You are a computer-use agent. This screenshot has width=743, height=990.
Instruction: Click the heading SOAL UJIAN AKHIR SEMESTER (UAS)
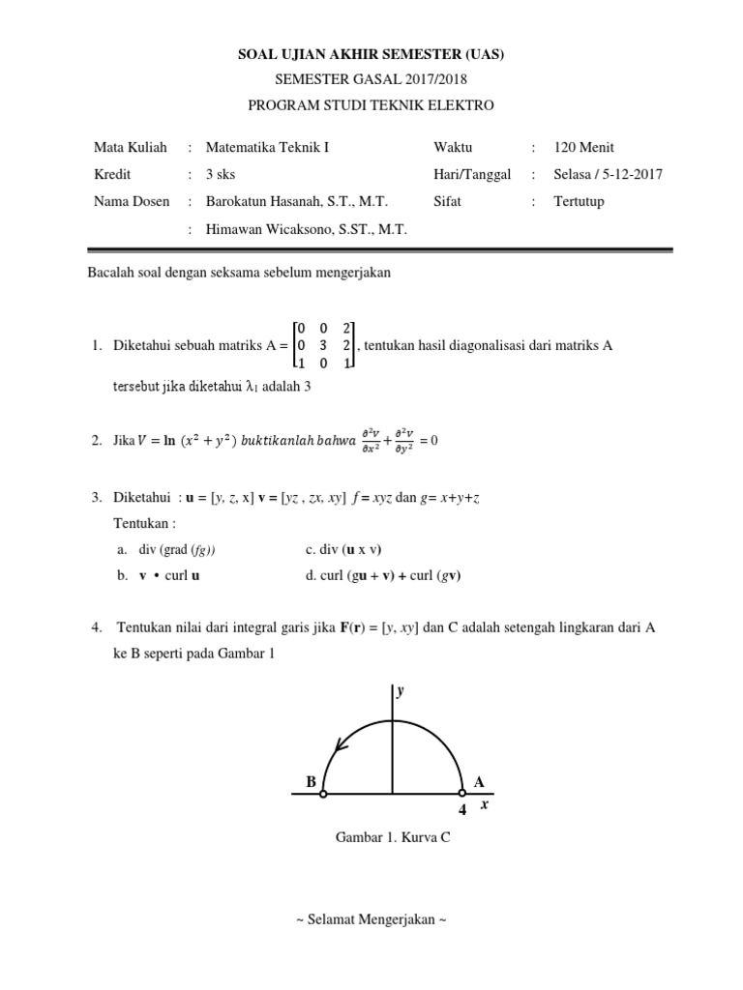click(x=371, y=55)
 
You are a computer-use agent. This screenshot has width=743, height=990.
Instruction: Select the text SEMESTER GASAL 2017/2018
click(x=371, y=80)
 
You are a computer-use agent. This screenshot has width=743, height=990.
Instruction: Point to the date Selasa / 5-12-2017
click(x=608, y=175)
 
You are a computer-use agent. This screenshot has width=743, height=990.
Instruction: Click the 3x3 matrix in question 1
click(x=324, y=345)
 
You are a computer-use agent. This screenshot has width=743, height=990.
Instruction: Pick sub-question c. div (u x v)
click(x=343, y=550)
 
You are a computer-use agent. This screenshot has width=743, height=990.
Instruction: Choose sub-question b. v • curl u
click(x=164, y=575)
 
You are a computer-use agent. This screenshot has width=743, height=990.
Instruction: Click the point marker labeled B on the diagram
click(x=323, y=795)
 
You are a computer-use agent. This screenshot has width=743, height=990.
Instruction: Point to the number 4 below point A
click(x=461, y=810)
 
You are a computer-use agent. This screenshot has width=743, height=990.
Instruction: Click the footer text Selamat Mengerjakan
click(x=371, y=919)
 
